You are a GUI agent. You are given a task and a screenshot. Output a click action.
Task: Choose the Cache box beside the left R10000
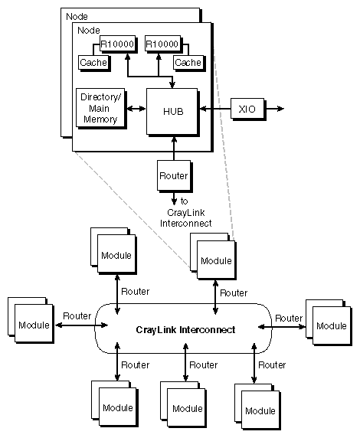(x=93, y=62)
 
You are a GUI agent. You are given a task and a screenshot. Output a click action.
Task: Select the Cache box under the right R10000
(x=188, y=62)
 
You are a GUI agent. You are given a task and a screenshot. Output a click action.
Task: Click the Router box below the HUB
(x=173, y=175)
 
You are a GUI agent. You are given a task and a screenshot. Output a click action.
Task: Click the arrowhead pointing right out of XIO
(x=280, y=109)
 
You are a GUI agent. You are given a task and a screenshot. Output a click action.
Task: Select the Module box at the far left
(x=33, y=325)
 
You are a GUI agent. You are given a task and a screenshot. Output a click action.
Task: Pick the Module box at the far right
(x=332, y=325)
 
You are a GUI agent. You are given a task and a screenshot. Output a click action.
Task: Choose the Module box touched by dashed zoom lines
(x=215, y=260)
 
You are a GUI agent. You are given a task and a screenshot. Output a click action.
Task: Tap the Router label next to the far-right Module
(x=289, y=317)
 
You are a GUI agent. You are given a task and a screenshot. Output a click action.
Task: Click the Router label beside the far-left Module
(x=77, y=315)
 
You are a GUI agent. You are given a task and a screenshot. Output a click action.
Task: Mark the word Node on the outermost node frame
(x=77, y=15)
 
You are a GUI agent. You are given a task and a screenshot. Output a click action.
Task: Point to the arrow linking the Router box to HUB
(x=175, y=147)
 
